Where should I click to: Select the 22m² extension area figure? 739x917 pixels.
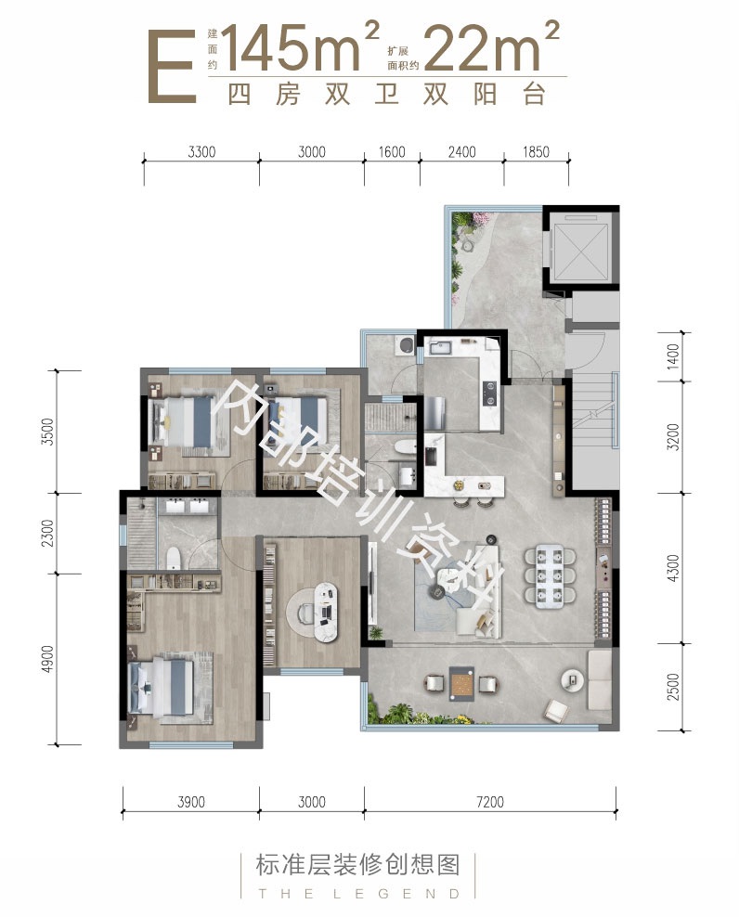(x=491, y=46)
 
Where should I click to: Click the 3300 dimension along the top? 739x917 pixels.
(x=201, y=152)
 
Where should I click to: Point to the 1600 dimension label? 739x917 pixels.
(x=392, y=152)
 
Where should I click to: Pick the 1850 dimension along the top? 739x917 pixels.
(x=536, y=152)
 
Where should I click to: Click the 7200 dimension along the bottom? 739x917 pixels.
(x=490, y=802)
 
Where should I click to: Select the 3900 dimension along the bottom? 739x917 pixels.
(x=191, y=802)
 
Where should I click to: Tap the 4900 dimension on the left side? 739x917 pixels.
(x=47, y=658)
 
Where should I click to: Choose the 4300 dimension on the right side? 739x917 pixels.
(x=673, y=568)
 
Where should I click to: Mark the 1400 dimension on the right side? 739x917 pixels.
(x=673, y=355)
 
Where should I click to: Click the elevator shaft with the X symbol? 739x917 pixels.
(x=577, y=248)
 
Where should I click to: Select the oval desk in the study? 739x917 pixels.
(x=327, y=612)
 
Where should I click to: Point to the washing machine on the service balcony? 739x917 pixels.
(x=404, y=344)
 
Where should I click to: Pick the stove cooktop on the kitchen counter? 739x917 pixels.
(x=489, y=393)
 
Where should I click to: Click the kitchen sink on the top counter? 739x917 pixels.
(x=440, y=349)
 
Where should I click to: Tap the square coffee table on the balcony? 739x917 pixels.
(x=461, y=683)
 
